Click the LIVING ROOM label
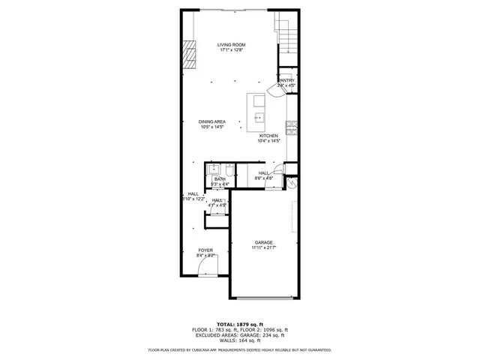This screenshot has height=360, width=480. point(231,45)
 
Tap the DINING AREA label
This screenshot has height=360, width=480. point(212,121)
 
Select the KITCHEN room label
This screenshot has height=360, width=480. point(268,136)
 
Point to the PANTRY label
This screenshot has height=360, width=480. point(286,80)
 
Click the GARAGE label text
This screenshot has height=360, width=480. point(263,242)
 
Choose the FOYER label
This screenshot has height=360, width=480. point(205,250)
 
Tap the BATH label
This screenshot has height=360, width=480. point(220,179)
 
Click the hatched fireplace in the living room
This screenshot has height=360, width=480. point(190,55)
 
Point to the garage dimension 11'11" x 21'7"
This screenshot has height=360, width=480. point(263,248)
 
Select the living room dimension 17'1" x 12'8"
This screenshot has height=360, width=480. point(231,51)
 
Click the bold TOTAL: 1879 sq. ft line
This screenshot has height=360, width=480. point(239,323)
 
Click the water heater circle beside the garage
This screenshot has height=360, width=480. point(292,180)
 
